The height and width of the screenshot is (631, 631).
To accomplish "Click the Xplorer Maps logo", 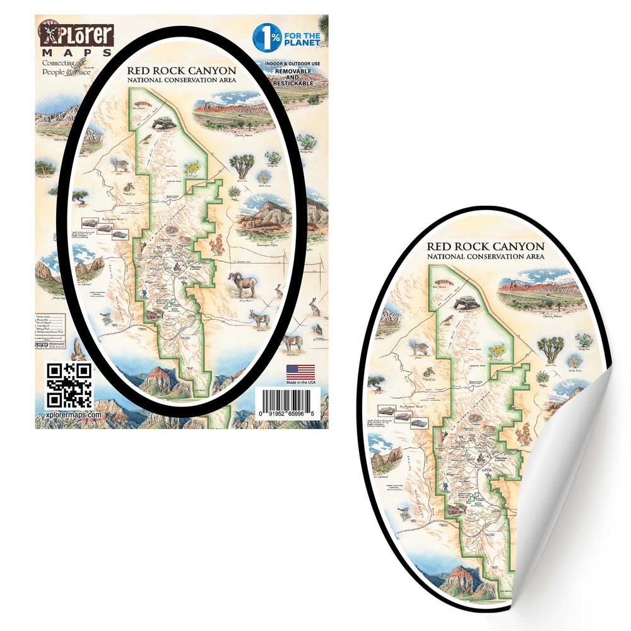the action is pos(75,39).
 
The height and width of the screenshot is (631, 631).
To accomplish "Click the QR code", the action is pos(69,385).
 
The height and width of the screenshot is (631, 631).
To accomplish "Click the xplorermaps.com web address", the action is pos(74,415).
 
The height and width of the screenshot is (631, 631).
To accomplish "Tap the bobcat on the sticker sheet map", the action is pos(120,165).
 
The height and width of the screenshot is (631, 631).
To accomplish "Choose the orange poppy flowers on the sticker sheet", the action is pos(218,244).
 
